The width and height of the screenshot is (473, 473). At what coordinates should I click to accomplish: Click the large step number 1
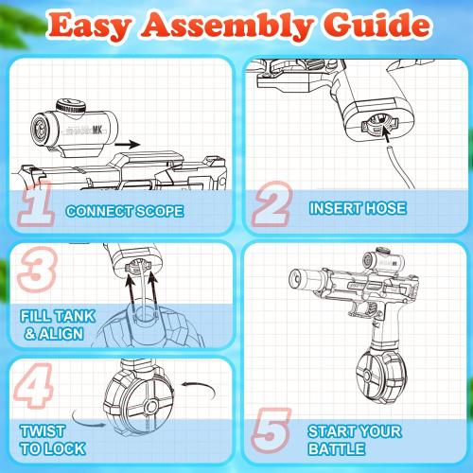point(37,203)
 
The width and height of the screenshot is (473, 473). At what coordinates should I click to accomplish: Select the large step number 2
point(272,203)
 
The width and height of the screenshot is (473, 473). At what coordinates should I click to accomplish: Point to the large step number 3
point(37,269)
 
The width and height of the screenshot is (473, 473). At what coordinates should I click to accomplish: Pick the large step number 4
point(34,386)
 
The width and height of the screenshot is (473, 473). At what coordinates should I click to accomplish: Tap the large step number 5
point(272,430)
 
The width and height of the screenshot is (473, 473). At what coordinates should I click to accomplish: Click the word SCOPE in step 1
point(159,211)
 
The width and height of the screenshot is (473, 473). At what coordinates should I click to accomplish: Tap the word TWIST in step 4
point(43,431)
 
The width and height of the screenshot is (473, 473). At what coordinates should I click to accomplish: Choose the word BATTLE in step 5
point(337,448)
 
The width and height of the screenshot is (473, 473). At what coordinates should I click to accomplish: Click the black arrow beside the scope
point(127,145)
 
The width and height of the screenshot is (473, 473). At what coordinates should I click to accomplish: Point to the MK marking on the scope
point(97,129)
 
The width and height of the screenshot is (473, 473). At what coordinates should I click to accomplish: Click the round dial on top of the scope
point(71,106)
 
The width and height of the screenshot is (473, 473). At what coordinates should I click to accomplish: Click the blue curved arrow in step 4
point(88,420)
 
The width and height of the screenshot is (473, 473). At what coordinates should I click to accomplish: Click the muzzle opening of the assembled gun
point(296,278)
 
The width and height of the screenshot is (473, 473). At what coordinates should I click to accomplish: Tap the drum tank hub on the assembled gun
point(367,376)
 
